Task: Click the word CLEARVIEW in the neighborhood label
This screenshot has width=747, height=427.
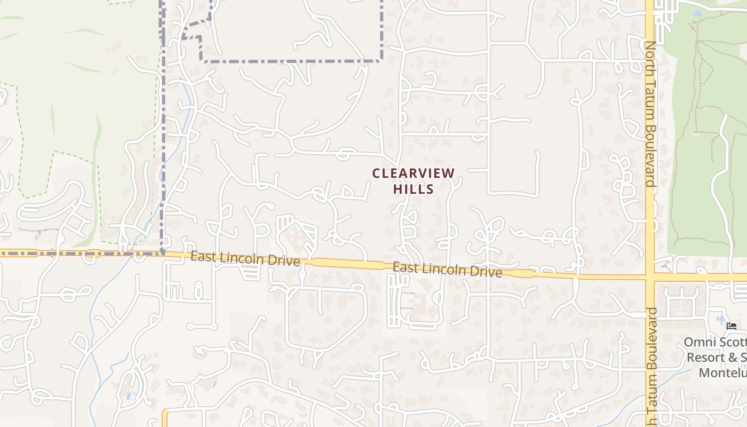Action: pos(414,173)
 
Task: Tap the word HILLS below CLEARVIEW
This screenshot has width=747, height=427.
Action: pos(414,189)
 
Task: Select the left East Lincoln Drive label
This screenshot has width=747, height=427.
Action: pos(245,259)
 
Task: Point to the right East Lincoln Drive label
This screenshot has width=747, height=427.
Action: pos(447,270)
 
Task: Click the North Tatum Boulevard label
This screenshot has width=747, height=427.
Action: pos(650,114)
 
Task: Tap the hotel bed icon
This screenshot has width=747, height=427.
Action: pos(732,326)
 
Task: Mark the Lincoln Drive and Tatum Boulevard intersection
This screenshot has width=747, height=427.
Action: pos(650,277)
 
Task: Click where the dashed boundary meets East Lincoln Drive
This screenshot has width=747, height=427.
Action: pos(162,252)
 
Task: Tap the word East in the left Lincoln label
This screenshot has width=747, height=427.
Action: pos(202,257)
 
